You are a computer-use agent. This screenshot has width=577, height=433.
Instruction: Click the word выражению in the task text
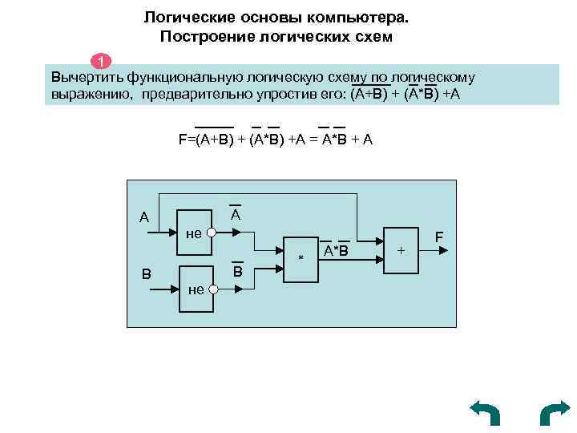(x=84, y=95)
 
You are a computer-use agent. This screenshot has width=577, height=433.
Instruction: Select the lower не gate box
(x=195, y=284)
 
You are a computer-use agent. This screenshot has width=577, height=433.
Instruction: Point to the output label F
(x=439, y=237)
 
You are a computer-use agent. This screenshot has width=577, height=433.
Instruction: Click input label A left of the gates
(x=143, y=217)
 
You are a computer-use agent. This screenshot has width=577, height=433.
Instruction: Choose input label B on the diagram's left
(x=147, y=273)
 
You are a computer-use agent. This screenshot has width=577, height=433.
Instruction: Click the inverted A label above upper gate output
(x=236, y=216)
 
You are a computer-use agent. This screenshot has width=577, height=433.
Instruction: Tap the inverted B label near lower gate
(x=237, y=272)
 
